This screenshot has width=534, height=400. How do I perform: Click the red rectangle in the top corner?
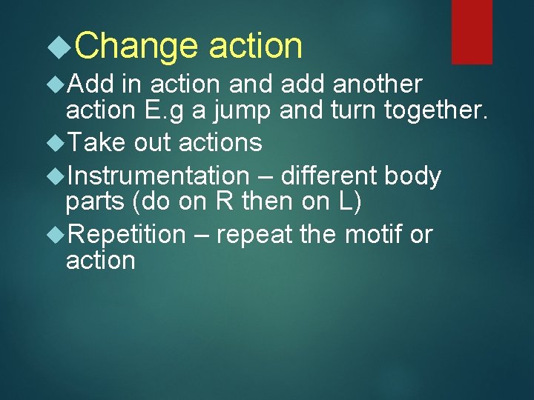coord(472,31)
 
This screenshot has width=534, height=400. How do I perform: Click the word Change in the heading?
coord(136,47)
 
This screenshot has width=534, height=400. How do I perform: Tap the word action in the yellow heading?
coord(256,47)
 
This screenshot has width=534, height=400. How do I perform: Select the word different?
coord(329,176)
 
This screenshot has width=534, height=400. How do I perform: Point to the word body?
coord(412,177)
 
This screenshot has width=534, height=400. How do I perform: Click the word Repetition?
coord(126,235)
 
